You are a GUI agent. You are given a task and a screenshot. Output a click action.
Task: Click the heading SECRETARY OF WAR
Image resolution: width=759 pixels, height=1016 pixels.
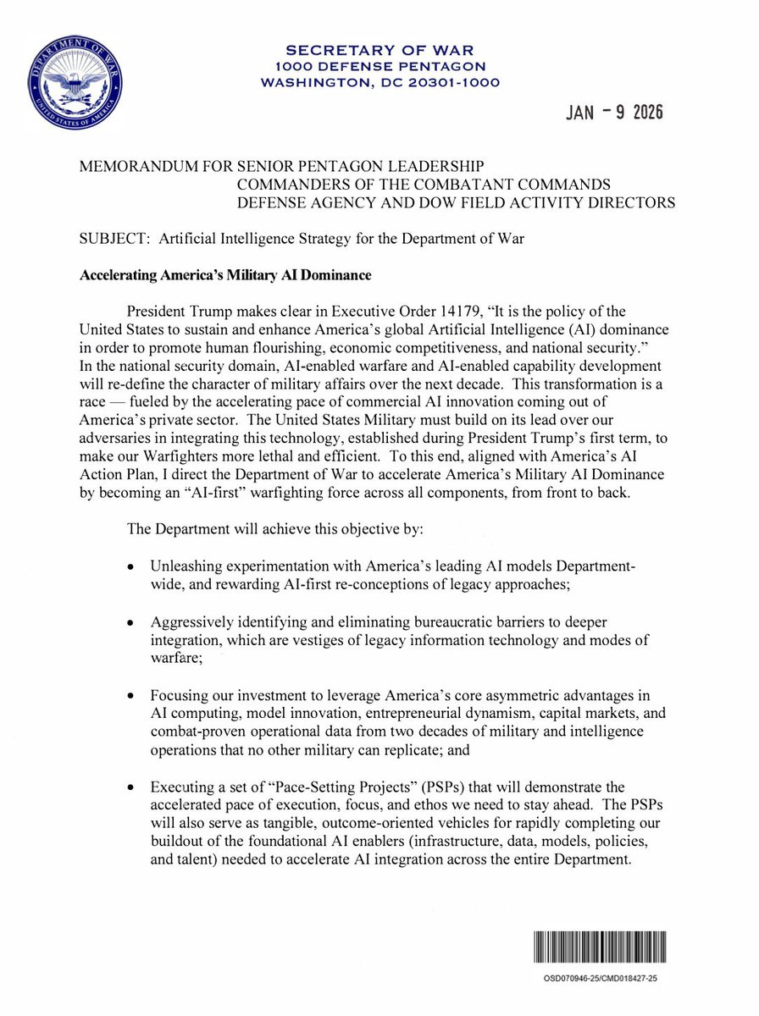(379, 50)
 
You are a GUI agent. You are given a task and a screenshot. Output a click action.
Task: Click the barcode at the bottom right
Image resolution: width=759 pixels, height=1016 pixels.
(601, 946)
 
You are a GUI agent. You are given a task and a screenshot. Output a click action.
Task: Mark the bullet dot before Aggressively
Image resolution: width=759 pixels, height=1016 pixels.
(130, 622)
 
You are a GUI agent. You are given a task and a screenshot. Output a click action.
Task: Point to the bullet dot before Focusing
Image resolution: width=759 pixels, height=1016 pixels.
(130, 697)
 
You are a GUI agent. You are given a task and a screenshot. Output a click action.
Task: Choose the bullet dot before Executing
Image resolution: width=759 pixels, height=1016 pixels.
(130, 790)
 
